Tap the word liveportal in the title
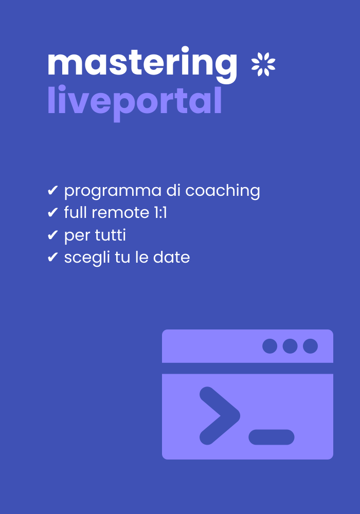pos(134,101)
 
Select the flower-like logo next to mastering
pos(263,65)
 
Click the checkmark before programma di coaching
pos(52,191)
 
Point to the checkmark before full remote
pos(52,213)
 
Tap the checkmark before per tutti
pos(52,235)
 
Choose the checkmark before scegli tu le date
pos(52,258)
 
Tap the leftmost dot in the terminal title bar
pos(269,346)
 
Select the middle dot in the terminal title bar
pos(290,346)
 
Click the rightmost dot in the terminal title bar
pos(310,346)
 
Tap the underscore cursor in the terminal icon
pos(271,437)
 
